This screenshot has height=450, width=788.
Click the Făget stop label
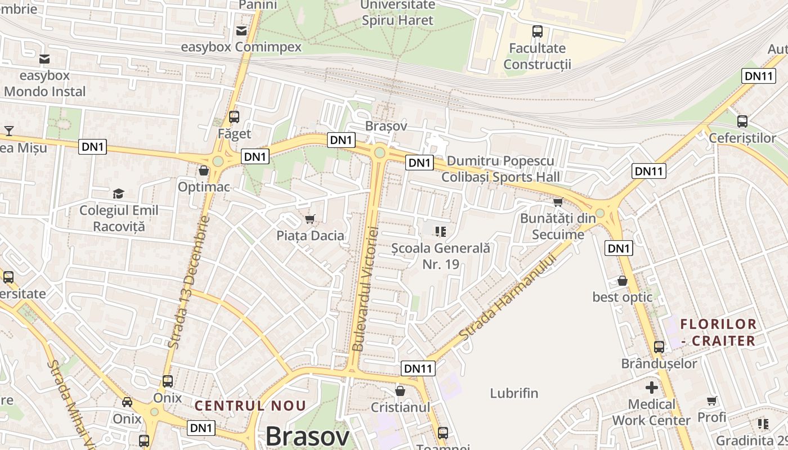point(234,134)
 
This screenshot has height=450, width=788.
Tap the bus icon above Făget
point(234,117)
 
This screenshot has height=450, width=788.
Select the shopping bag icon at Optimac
point(203,170)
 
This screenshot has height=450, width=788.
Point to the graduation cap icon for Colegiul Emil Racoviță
point(118,194)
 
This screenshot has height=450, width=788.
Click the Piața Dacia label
point(310,235)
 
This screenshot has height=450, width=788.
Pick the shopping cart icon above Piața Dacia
point(310,219)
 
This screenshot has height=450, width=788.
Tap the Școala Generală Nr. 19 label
point(441,255)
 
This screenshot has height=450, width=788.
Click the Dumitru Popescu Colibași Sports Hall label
point(500,169)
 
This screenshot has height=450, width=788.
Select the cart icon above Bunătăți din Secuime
point(558,202)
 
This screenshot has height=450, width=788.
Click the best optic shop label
point(622,297)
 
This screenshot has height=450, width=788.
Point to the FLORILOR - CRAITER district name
point(718,332)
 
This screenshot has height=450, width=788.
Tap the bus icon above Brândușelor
point(659,347)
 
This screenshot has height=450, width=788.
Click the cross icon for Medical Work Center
point(651,388)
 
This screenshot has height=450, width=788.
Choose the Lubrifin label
point(514,393)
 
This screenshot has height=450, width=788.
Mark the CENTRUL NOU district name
point(250,406)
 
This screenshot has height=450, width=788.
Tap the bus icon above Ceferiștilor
point(742,121)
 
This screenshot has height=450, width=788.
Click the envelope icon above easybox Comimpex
point(241,30)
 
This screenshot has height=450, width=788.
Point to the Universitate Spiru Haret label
point(398,12)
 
